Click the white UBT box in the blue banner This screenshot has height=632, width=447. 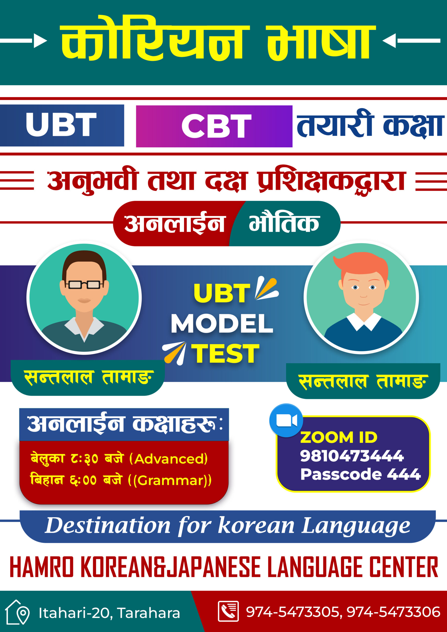pos(62,125)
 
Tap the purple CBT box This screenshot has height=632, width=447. pos(214,126)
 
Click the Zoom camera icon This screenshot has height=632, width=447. pos(286,420)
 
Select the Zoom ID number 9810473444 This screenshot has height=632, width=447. pos(352,456)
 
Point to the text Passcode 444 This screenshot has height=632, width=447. pos(360,474)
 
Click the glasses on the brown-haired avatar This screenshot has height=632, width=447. pos(84,284)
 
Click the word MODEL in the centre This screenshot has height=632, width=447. pos(222,323)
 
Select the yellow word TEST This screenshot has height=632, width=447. pos(225,354)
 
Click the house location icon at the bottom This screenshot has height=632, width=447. pos(17,612)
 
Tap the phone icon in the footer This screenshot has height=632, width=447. pos(228,611)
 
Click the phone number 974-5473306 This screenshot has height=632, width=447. pos(394,612)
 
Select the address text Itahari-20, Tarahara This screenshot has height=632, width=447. pos(109,613)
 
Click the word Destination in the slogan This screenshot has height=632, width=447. pos(108,526)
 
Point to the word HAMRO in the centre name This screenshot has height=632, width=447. pos(41,567)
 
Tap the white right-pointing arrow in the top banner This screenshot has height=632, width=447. pos(23,40)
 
